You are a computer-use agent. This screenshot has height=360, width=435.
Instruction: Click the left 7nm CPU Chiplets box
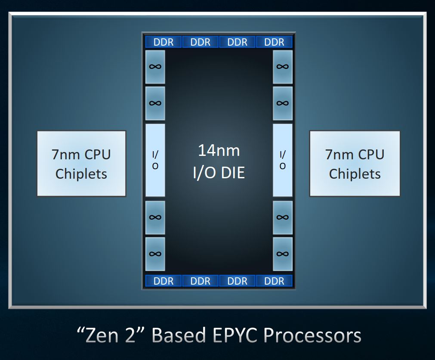(x=81, y=164)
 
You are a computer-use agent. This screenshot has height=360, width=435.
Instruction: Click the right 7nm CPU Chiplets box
(x=355, y=164)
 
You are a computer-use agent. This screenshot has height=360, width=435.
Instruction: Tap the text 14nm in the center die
(x=219, y=151)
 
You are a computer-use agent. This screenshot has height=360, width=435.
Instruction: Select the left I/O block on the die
(x=155, y=160)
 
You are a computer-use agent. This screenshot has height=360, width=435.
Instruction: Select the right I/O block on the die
(x=282, y=160)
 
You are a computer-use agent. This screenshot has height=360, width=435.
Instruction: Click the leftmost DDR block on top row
(x=164, y=42)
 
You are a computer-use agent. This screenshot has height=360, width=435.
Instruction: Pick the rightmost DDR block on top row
(x=274, y=42)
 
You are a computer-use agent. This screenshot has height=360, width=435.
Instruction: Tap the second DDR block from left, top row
(x=201, y=42)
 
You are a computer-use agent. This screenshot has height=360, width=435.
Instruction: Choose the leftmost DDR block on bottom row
(x=164, y=281)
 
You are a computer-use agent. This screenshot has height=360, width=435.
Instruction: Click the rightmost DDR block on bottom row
(x=274, y=281)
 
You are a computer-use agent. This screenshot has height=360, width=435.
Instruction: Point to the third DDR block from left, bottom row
(x=238, y=281)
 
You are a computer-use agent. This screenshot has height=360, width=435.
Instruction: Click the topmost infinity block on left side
(x=155, y=67)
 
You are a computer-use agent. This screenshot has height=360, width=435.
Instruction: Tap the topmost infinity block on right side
(x=282, y=67)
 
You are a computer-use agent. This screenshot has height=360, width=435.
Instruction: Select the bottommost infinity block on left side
(x=155, y=254)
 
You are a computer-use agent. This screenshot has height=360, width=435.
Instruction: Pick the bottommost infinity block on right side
(x=282, y=254)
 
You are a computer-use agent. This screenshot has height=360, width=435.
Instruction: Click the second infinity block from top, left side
(x=155, y=103)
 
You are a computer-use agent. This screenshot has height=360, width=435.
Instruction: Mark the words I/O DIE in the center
(x=219, y=172)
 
